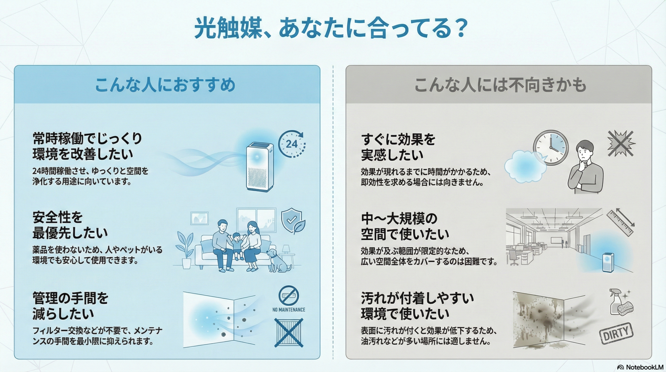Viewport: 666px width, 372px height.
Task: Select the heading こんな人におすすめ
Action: pos(165,85)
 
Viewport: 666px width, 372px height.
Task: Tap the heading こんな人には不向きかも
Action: pos(500,85)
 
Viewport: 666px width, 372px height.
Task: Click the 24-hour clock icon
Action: pos(292,144)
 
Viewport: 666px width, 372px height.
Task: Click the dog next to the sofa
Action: pos(278,260)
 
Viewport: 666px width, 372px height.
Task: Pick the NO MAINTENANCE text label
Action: pos(289,310)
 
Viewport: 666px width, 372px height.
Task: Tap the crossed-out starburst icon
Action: pos(621,143)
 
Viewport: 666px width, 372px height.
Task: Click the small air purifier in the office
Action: pos(608,262)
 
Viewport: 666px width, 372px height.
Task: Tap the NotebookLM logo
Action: pos(640,367)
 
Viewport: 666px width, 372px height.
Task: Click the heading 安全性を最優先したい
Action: pos(70,225)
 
